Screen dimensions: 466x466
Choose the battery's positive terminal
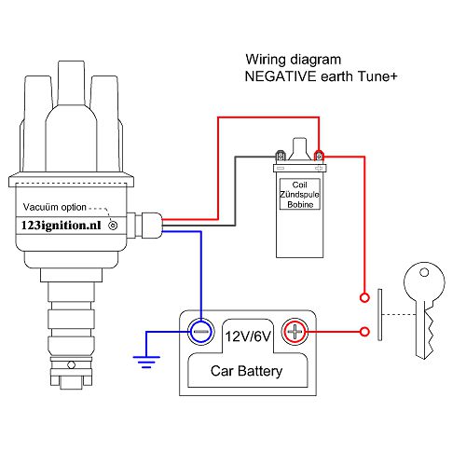tap(295, 330)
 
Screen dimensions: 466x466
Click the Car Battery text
tap(247, 372)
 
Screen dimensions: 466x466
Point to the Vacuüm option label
tap(59, 208)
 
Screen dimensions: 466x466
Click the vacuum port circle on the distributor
tap(114, 225)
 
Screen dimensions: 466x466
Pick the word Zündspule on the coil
tap(298, 193)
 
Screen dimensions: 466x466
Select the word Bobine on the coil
tap(298, 203)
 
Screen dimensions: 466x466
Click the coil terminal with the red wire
tap(319, 155)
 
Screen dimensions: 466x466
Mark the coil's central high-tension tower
tap(299, 148)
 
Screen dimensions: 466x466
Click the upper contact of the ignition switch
tap(363, 298)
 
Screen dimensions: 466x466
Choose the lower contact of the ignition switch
tap(363, 330)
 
